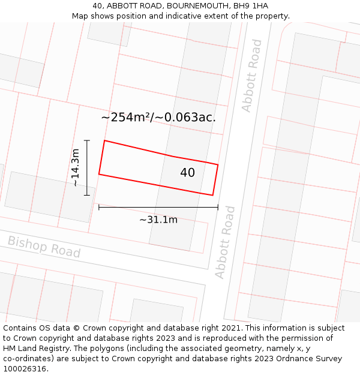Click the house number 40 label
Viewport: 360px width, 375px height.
pos(187,173)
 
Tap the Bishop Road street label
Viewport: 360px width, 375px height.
pos(44,247)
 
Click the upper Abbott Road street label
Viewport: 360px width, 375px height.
pos(252,76)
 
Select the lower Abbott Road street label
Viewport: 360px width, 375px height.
pos(225,242)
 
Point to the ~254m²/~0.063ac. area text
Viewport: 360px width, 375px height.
pos(158,118)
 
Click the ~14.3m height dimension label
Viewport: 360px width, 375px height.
pos(75,168)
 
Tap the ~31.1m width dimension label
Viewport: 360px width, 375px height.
pos(158,220)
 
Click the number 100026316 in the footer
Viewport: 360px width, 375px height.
pos(25,369)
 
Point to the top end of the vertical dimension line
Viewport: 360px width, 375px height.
pos(87,140)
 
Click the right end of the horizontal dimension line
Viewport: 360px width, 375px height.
pos(218,208)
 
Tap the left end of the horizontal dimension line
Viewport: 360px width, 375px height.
pos(99,208)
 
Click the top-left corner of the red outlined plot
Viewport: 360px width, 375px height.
pos(105,140)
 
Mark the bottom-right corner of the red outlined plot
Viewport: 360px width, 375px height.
pos(212,195)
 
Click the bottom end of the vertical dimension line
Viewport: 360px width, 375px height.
pos(87,195)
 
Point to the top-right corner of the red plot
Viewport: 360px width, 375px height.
pos(218,164)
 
